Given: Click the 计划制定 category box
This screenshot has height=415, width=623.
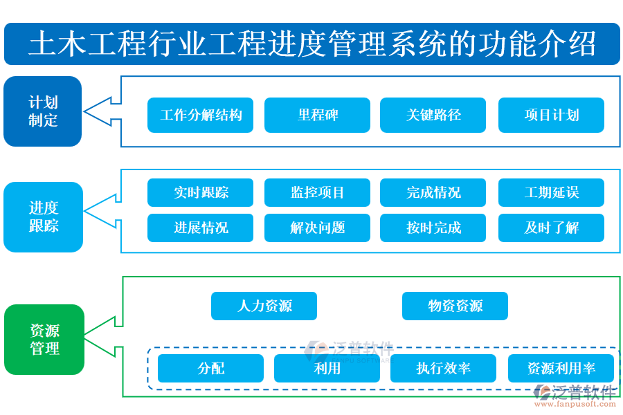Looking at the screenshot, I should coord(43,111).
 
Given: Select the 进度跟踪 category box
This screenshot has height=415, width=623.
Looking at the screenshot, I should coord(43,216).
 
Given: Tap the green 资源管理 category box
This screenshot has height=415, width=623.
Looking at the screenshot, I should coord(44,340).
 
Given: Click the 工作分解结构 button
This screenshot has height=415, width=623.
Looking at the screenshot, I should coord(200,115).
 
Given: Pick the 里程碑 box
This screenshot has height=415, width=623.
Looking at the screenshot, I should coord(317,115).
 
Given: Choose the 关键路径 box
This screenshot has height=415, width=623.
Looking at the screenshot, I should coord(433,115).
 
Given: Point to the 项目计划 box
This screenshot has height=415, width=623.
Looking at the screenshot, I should coord(551,115).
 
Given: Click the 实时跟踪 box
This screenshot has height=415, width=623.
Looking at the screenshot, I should coord(200,192).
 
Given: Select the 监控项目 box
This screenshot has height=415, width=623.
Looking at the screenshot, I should coord(317,192).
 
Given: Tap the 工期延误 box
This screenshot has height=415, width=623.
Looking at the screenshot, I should coord(551,192).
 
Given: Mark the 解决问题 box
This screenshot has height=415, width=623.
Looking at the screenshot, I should coord(317,228).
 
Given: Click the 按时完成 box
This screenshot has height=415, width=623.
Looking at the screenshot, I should coord(433,228).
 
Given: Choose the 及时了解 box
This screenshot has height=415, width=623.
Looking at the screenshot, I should coord(551,228).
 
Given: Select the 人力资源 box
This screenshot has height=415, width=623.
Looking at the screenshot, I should coord(264,306).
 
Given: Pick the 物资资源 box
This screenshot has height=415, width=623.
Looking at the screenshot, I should coord(455,306).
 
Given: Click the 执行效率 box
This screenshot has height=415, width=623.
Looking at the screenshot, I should coord(443,368).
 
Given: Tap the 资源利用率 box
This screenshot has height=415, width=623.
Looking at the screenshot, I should coord(561,368).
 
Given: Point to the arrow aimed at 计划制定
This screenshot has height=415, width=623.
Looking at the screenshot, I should coord(102,111).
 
